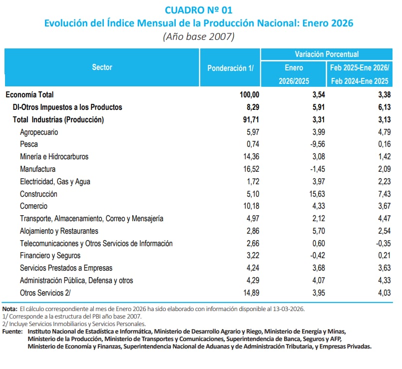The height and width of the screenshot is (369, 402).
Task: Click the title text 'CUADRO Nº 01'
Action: pos(198,9)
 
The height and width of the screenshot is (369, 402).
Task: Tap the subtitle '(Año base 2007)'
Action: pos(198,36)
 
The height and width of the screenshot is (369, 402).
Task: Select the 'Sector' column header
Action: pos(102,67)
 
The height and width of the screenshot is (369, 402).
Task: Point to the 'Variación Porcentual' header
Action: pos(326,54)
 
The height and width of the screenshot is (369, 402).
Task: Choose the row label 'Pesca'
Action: pos(29,144)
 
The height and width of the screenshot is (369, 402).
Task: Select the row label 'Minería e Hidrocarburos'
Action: pos(54,157)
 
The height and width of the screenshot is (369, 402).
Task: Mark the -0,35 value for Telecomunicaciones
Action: pos(381,243)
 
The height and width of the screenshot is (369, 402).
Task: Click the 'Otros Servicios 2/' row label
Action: pos(45,293)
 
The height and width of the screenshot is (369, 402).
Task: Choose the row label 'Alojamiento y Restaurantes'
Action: pos(59,231)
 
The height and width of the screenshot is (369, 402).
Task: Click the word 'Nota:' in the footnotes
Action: pos(9,309)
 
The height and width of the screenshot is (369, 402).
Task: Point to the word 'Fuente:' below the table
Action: pos(13,331)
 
